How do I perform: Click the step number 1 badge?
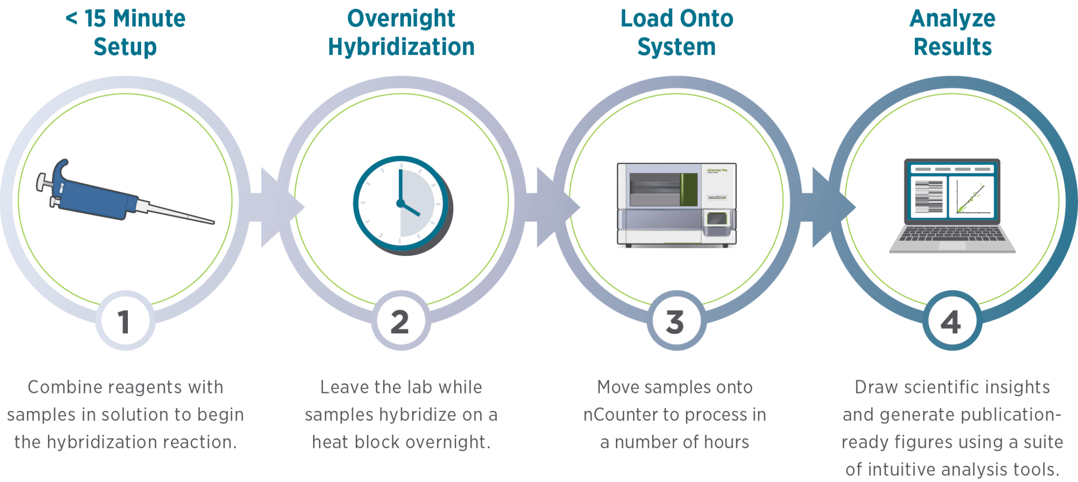[125, 320]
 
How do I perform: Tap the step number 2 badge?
[401, 320]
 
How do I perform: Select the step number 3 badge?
[676, 320]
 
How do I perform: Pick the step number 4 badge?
[952, 320]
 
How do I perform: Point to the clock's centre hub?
[401, 203]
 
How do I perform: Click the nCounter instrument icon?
[677, 205]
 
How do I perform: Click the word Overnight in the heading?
[401, 19]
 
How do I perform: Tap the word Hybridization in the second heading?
[401, 47]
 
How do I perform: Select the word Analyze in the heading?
[952, 19]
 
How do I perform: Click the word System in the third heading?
[676, 47]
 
